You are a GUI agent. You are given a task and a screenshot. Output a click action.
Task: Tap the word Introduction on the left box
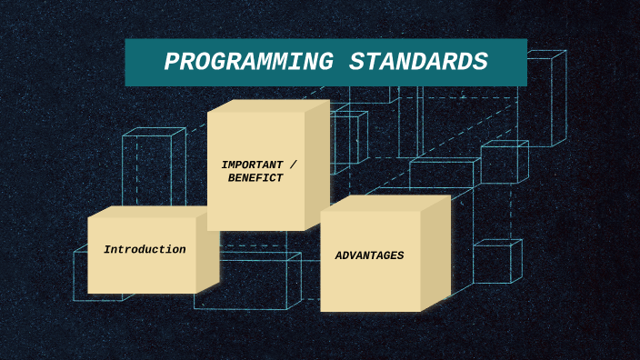145,249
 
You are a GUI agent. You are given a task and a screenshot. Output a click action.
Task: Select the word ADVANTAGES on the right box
369,255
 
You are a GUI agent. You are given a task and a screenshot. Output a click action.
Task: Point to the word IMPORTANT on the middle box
252,165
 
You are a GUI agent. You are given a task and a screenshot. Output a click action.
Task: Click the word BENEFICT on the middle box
255,178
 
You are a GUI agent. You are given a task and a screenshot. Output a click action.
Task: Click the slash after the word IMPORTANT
292,165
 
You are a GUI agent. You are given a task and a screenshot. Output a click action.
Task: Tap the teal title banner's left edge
127,62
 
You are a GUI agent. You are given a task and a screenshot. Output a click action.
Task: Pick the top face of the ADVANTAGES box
385,203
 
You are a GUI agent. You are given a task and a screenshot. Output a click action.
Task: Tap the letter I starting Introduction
106,249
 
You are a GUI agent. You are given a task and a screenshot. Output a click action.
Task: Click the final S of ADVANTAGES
400,255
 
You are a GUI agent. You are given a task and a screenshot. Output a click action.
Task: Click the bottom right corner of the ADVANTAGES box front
421,311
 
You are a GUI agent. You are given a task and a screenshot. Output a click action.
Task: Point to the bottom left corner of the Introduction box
88,293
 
